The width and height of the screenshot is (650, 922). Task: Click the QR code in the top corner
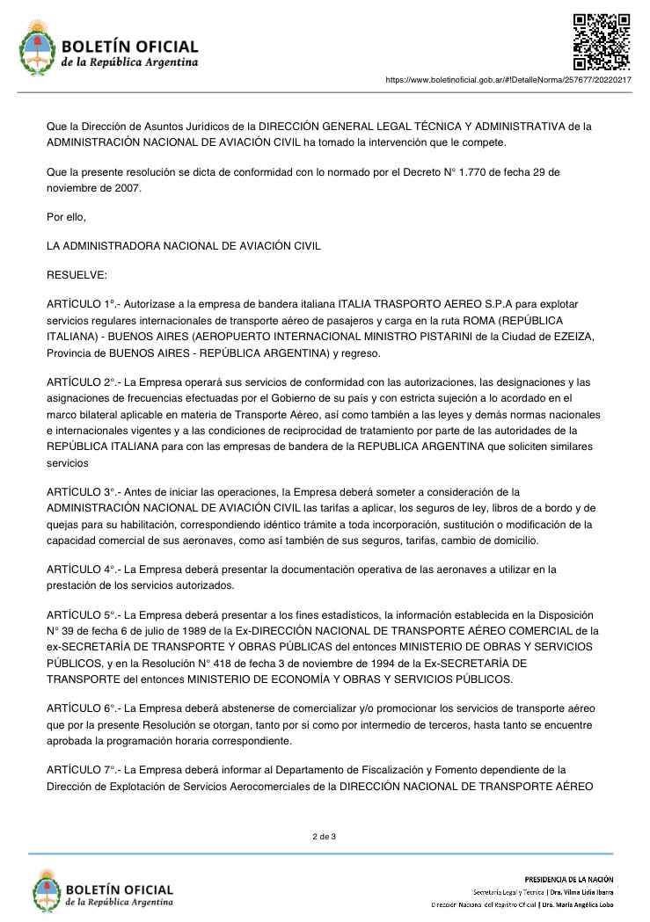click(602, 41)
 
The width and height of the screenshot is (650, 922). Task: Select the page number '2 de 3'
click(325, 836)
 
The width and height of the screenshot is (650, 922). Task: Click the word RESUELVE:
click(77, 275)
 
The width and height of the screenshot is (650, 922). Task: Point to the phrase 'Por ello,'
click(66, 216)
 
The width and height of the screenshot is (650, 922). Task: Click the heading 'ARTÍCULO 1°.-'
click(82, 303)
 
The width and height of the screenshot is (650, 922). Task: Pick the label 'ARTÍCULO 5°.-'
click(82, 614)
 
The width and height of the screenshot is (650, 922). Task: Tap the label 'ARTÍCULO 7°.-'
click(82, 770)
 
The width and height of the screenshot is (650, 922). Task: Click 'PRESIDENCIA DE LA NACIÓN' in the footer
click(568, 879)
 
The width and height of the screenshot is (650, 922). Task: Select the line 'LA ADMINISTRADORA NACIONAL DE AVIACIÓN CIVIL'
click(184, 246)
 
